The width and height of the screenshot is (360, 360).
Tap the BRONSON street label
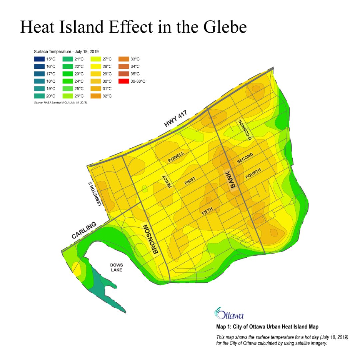point(150,240)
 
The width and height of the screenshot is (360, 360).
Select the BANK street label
point(235,181)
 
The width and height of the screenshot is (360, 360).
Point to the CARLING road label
point(84,230)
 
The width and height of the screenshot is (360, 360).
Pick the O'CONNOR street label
point(245,130)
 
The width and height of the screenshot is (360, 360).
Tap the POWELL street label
point(176,157)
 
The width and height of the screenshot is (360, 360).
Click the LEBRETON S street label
point(94,194)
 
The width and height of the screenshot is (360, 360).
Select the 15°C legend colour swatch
point(39,59)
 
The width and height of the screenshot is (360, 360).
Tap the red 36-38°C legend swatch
point(124,81)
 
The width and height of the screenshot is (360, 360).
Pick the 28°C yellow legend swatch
point(96,67)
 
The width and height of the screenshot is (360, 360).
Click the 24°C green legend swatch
point(67,81)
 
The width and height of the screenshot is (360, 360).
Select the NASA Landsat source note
point(60,102)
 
